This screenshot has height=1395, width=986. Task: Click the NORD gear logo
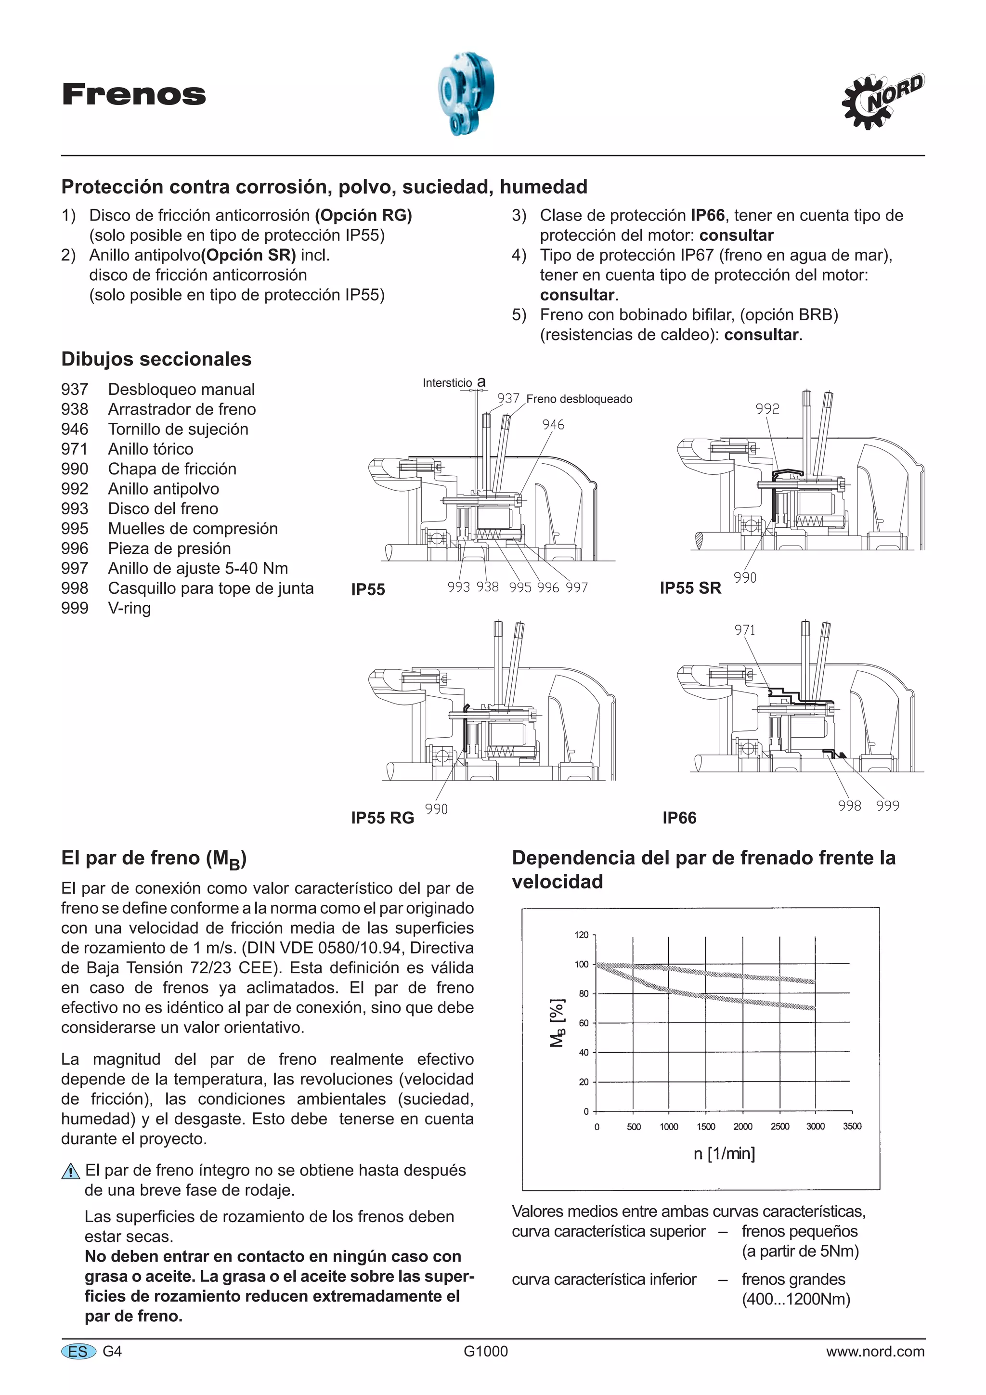click(x=882, y=101)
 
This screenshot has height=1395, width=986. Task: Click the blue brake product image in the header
click(x=466, y=93)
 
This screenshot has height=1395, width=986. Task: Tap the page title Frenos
click(x=134, y=95)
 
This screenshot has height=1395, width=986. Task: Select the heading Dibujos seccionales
click(x=156, y=359)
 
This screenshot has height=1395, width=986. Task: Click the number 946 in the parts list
click(x=75, y=429)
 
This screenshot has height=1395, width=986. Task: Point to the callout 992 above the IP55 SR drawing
click(x=767, y=409)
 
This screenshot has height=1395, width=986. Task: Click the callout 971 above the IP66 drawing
click(x=745, y=630)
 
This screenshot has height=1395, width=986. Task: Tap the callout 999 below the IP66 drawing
click(x=888, y=806)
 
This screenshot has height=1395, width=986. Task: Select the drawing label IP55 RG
click(x=382, y=818)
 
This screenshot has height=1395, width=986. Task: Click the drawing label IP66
click(x=679, y=818)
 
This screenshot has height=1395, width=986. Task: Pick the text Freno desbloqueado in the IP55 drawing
click(x=579, y=399)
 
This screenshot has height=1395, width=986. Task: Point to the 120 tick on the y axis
click(x=582, y=935)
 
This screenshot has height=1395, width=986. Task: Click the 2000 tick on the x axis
click(x=742, y=1126)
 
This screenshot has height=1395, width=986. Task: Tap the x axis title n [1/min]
click(x=724, y=1153)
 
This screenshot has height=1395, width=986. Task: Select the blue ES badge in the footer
click(x=78, y=1351)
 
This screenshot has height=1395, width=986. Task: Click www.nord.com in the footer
click(x=875, y=1351)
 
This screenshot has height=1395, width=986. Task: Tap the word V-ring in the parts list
click(x=130, y=608)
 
